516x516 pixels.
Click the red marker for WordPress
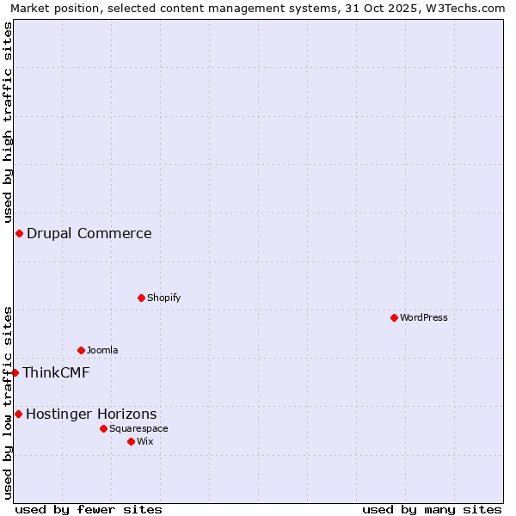point(394,317)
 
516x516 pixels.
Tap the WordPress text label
point(424,317)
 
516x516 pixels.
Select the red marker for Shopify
point(141,298)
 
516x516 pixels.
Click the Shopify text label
point(163,298)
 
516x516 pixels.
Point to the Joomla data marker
point(81,350)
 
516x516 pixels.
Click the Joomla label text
point(102,350)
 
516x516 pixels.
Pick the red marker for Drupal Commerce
point(19,233)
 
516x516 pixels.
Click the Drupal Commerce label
point(89,233)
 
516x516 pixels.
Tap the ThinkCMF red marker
point(15,372)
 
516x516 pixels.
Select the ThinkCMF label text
point(56,372)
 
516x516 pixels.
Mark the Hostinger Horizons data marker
point(18,414)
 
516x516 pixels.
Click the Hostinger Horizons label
point(91,414)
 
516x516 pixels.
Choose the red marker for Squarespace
point(103,428)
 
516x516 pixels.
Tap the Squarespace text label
point(138,428)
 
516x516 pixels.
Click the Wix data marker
point(131,441)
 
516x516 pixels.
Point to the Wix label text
point(145,441)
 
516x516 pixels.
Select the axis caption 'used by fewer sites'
point(89,509)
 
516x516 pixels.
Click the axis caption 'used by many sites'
point(432,509)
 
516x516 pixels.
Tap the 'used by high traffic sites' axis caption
point(8,123)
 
